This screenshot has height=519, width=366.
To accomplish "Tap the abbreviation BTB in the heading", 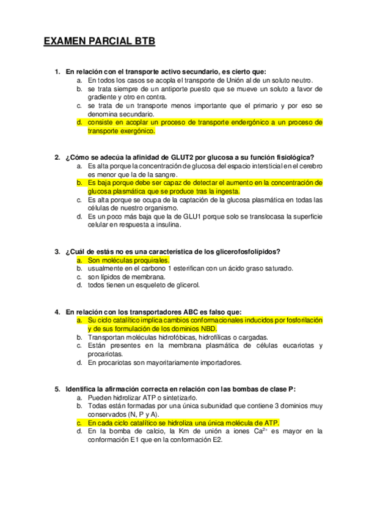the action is (x=143, y=42).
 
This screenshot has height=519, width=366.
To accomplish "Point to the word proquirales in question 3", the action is (x=134, y=260).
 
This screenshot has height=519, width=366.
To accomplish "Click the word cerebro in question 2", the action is (x=311, y=166).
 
